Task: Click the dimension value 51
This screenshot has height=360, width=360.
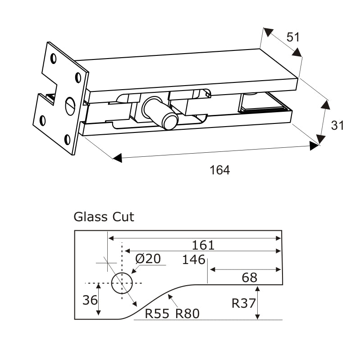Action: (x=293, y=37)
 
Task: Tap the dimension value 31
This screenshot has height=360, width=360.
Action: (x=337, y=125)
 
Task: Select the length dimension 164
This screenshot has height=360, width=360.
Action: (x=220, y=170)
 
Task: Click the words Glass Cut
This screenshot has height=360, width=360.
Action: (x=104, y=217)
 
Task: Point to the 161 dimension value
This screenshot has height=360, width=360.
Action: (x=203, y=246)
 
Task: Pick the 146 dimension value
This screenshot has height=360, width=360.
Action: (x=194, y=260)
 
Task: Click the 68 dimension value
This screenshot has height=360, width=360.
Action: (x=250, y=278)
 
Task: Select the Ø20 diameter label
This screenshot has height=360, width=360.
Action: (x=148, y=259)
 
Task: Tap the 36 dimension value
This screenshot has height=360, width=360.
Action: (x=90, y=300)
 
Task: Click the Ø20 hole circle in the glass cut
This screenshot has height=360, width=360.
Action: (x=122, y=283)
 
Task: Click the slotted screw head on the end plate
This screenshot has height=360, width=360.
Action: (x=70, y=106)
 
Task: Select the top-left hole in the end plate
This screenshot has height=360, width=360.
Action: (x=54, y=58)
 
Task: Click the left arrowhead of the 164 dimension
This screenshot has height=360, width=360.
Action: (x=117, y=158)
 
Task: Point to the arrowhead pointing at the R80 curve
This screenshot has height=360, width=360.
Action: (x=170, y=296)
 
